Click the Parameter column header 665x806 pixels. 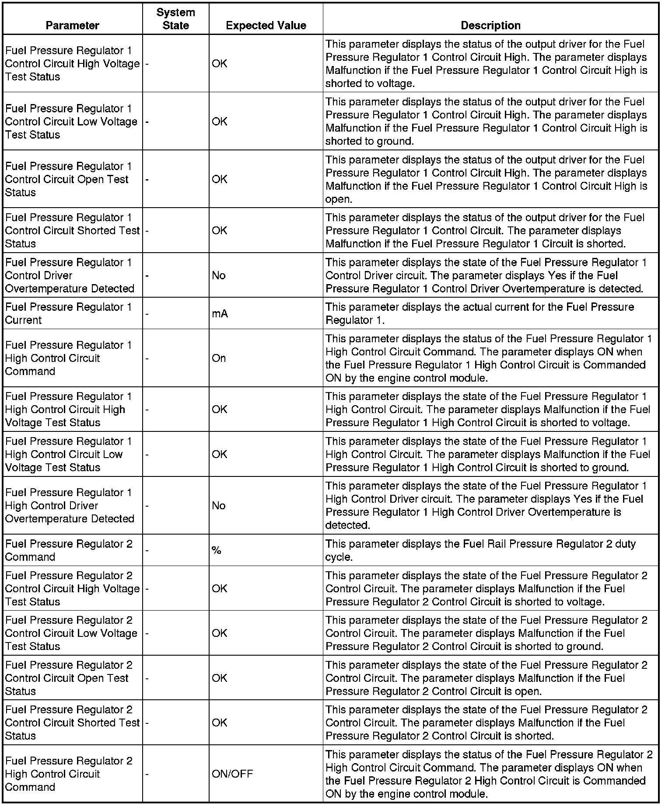pyautogui.click(x=72, y=25)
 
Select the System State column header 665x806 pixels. pyautogui.click(x=175, y=19)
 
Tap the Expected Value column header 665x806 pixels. pyautogui.click(x=266, y=25)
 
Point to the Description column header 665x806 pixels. pyautogui.click(x=490, y=25)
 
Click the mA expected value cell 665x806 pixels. pyautogui.click(x=220, y=314)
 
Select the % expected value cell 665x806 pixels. pyautogui.click(x=217, y=551)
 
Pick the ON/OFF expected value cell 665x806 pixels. pyautogui.click(x=232, y=774)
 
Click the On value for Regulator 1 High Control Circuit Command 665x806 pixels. pyautogui.click(x=219, y=358)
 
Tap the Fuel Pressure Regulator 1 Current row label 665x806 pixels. pyautogui.click(x=68, y=313)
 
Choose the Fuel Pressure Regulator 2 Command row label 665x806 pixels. pyautogui.click(x=69, y=550)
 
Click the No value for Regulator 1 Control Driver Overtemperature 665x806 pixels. pyautogui.click(x=218, y=276)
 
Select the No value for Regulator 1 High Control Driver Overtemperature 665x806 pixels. pyautogui.click(x=218, y=506)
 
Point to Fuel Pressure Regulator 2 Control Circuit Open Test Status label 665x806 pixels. pyautogui.click(x=69, y=678)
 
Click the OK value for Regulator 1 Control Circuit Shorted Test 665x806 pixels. pyautogui.click(x=220, y=231)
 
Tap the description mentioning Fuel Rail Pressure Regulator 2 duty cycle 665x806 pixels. pyautogui.click(x=480, y=550)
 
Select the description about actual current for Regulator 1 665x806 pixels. pyautogui.click(x=479, y=313)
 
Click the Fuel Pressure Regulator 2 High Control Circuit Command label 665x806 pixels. pyautogui.click(x=69, y=774)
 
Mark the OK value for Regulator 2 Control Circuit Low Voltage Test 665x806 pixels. pyautogui.click(x=220, y=633)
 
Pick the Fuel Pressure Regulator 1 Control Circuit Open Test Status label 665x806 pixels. pyautogui.click(x=68, y=179)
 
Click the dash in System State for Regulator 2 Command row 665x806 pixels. pyautogui.click(x=147, y=551)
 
